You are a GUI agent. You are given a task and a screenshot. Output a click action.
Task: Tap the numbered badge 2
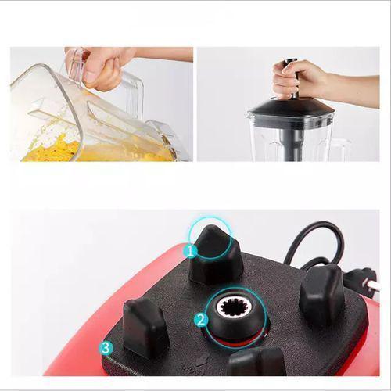click(200, 319)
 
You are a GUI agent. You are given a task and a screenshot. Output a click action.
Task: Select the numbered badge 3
click(106, 346)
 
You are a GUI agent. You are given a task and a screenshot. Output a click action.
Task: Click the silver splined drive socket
click(232, 307)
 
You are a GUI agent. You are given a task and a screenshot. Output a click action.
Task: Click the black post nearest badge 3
click(145, 327)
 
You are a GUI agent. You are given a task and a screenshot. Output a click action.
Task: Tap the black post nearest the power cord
click(321, 293)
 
